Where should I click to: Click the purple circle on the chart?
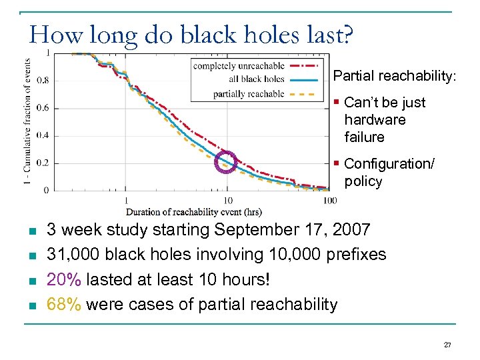pyautogui.click(x=227, y=162)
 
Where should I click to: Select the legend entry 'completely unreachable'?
pyautogui.click(x=238, y=65)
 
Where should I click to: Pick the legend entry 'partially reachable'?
pyautogui.click(x=248, y=94)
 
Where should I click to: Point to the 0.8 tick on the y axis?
pyautogui.click(x=42, y=80)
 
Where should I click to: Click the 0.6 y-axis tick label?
pyautogui.click(x=42, y=107)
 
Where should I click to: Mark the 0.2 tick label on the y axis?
pyautogui.click(x=42, y=163)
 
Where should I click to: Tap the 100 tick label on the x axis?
pyautogui.click(x=329, y=200)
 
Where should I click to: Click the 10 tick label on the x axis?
pyautogui.click(x=227, y=200)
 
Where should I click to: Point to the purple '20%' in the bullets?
pyautogui.click(x=62, y=279)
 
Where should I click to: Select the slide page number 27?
pyautogui.click(x=447, y=345)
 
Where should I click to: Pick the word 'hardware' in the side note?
pyautogui.click(x=375, y=120)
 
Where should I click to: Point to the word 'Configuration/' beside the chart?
pyautogui.click(x=389, y=164)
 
